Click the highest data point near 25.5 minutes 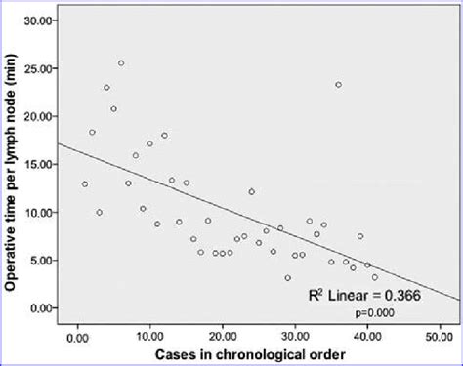click(x=121, y=63)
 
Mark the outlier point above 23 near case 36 click(x=338, y=85)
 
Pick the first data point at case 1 click(x=85, y=183)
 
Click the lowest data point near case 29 click(x=287, y=278)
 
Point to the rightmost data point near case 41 click(x=375, y=277)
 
